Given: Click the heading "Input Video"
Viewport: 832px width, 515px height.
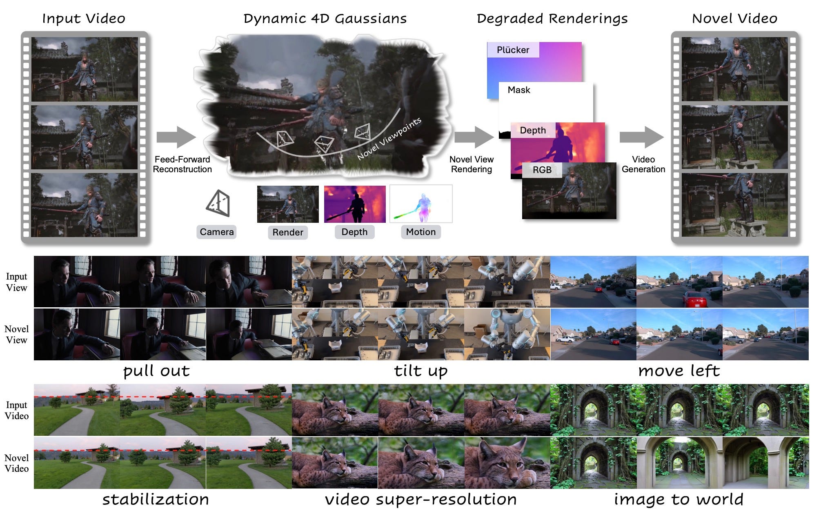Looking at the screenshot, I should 84,18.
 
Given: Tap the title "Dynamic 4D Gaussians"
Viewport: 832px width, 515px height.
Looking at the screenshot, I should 325,18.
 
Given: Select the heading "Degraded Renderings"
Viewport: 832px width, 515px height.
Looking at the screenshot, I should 552,18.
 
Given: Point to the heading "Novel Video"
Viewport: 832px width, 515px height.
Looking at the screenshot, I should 734,18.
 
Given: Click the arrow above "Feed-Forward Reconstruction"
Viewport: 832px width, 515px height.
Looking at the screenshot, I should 176,137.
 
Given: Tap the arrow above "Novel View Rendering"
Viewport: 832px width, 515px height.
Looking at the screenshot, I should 474,137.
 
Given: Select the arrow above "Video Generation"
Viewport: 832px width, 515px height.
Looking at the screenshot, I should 641,137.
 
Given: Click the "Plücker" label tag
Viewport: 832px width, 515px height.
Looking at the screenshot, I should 513,50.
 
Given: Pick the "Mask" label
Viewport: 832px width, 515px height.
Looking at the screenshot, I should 519,90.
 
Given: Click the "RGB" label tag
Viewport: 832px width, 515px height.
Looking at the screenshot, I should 542,170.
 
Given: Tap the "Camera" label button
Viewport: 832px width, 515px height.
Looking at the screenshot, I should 216,232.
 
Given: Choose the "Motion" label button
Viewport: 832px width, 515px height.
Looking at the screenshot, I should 420,232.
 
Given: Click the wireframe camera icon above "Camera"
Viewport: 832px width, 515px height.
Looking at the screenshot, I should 218,203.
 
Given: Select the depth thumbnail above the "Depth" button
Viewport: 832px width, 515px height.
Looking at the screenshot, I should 355,204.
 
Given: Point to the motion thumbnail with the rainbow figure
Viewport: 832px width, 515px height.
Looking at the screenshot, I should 421,204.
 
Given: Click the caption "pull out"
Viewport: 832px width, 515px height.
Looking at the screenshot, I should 156,371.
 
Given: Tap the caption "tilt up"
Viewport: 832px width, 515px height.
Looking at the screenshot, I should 420,371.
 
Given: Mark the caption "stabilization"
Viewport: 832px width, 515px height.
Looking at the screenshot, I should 156,499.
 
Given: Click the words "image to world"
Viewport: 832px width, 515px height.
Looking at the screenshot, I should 679,499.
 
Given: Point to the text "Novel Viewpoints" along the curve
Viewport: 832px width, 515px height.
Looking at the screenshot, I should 389,139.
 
